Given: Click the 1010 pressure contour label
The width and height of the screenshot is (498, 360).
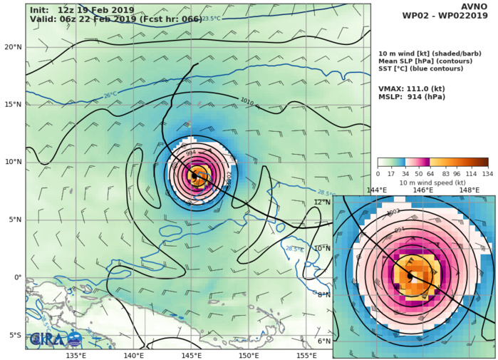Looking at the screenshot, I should point(249,102).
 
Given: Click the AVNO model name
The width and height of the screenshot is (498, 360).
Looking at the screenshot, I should point(476,9).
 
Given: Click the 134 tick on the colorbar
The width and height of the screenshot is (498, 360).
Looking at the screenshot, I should point(488,174).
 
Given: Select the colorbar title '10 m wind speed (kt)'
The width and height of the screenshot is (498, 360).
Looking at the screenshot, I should point(433,182).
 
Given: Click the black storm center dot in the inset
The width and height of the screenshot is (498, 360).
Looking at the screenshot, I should point(410,275).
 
